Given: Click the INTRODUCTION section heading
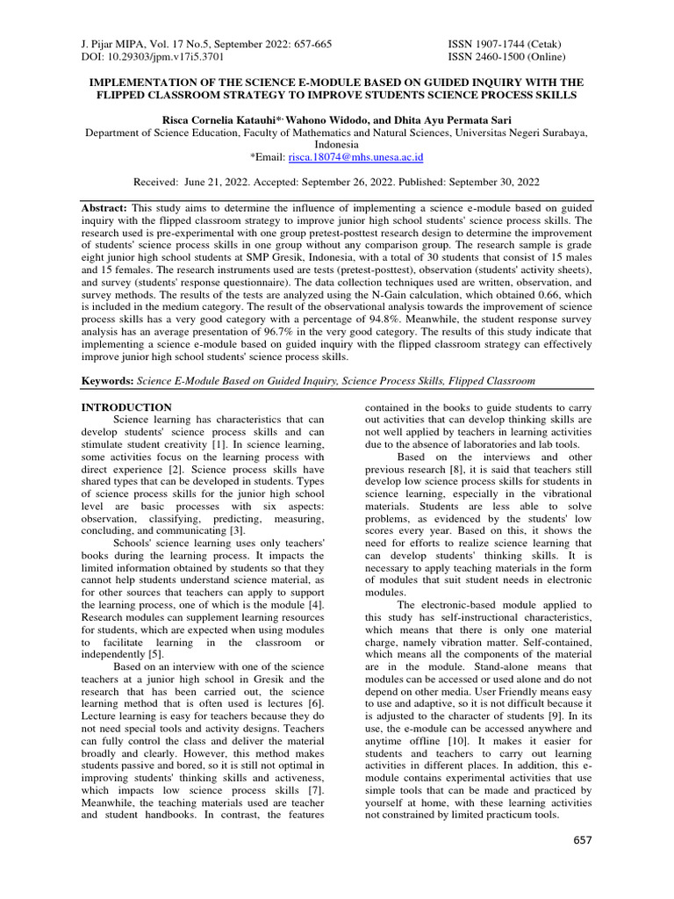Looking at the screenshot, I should pyautogui.click(x=126, y=407).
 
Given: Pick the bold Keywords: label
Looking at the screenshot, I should pyautogui.click(x=110, y=382).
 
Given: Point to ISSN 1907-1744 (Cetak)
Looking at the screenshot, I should pyautogui.click(x=505, y=44).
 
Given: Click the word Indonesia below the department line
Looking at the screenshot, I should pyautogui.click(x=337, y=144).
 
